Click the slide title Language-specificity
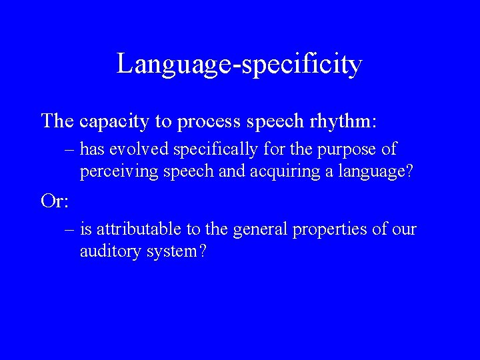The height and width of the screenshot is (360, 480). pyautogui.click(x=239, y=65)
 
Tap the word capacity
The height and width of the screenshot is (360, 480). pyautogui.click(x=115, y=121)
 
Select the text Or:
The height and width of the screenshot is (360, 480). pyautogui.click(x=54, y=201)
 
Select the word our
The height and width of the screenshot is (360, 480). pyautogui.click(x=404, y=230)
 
